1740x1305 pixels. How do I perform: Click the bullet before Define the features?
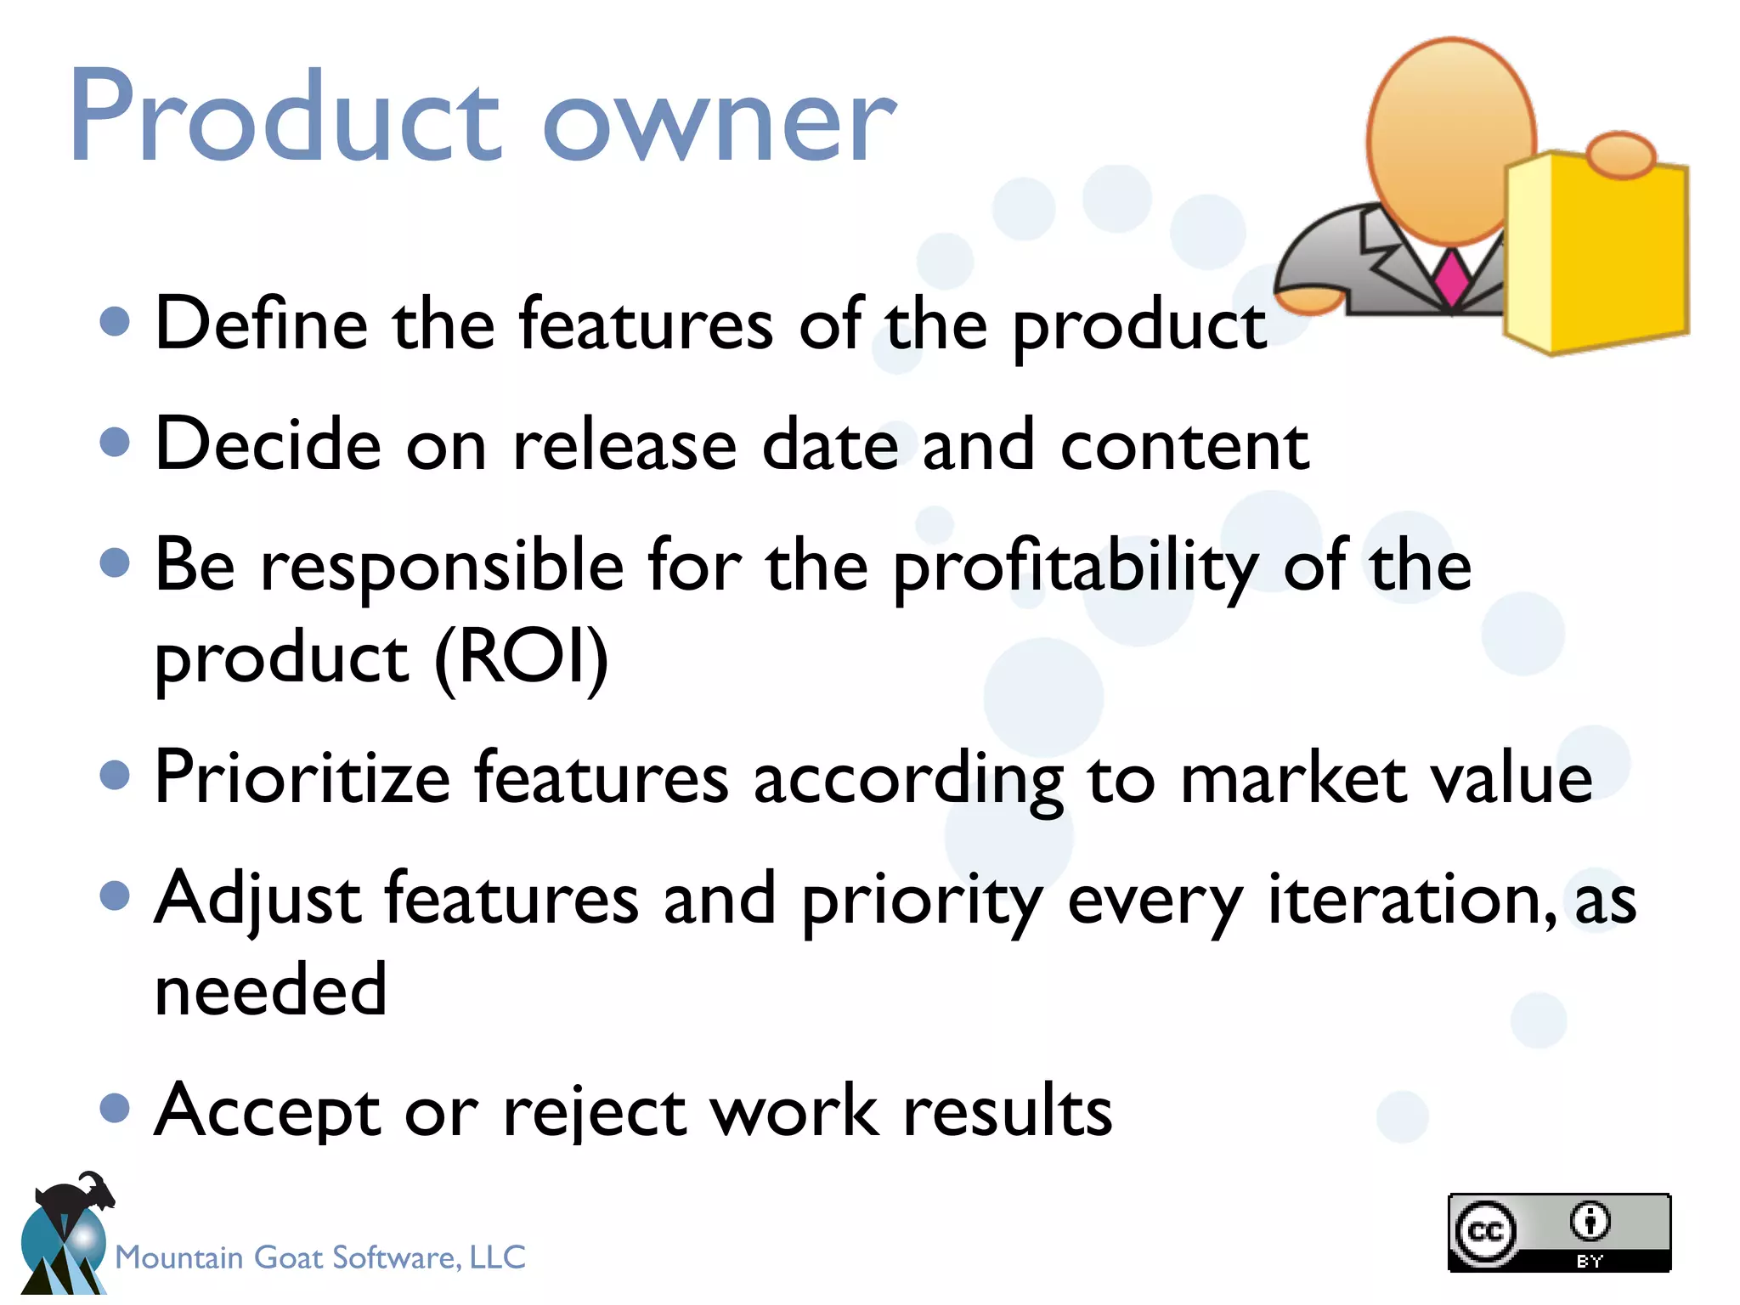pos(115,322)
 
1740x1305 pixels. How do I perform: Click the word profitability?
pos(1076,568)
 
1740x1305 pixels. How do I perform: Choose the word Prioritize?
pos(302,777)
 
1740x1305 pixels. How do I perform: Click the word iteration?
pos(1411,898)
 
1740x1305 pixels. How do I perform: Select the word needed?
pos(271,989)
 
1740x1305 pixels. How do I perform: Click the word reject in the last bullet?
pos(595,1111)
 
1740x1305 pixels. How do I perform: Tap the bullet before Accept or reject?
pos(115,1107)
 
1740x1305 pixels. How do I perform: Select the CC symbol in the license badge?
pos(1485,1232)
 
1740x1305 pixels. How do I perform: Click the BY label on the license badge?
pos(1589,1262)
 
